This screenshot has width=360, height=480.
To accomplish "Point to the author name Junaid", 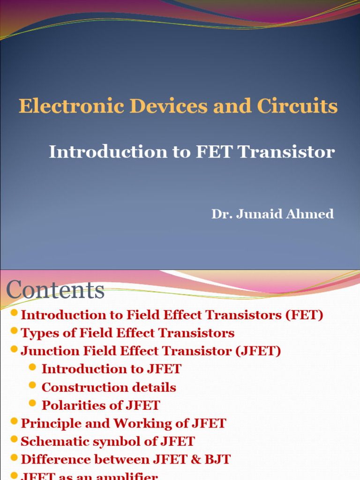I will tap(258, 214).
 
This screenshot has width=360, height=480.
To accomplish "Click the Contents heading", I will tap(55, 290).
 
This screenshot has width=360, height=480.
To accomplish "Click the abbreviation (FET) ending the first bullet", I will tap(304, 315).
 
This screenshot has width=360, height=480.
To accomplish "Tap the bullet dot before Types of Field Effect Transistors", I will tap(14, 331).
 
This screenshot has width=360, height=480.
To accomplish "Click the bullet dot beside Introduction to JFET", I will tap(32, 367).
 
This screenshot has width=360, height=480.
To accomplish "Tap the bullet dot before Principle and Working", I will tap(14, 421).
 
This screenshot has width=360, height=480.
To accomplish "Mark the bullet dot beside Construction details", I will tap(32, 385).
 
